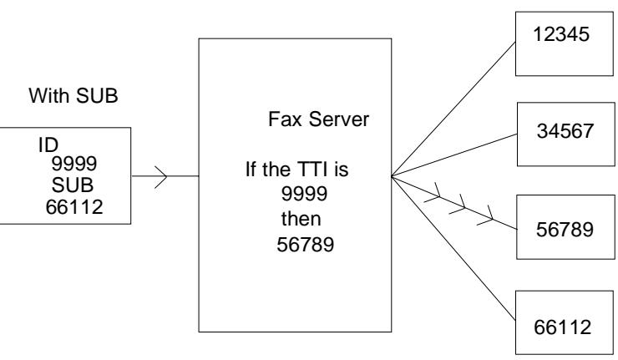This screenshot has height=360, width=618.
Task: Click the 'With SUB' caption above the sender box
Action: click(x=73, y=95)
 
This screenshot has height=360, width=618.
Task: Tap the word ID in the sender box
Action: click(x=48, y=145)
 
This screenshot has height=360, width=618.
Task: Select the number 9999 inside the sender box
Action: click(x=74, y=164)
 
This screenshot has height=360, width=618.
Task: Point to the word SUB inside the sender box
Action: click(x=73, y=185)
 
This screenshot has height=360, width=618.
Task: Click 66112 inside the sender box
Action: click(x=74, y=207)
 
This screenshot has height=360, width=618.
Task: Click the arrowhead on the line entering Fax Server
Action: click(x=161, y=177)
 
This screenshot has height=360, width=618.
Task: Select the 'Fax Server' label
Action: click(x=318, y=119)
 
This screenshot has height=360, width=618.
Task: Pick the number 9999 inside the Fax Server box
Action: click(x=304, y=194)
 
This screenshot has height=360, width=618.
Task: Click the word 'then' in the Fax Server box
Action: click(x=301, y=219)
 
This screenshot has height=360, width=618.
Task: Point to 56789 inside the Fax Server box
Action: click(x=305, y=245)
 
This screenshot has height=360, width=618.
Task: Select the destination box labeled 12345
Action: click(x=565, y=43)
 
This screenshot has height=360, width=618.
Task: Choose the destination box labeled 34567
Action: click(x=566, y=134)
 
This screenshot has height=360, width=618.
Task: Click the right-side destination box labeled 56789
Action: click(x=565, y=226)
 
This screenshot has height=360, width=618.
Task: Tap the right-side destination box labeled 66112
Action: click(x=565, y=322)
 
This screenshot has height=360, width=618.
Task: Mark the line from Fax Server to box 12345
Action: click(x=453, y=109)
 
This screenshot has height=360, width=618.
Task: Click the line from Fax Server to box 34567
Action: click(x=454, y=155)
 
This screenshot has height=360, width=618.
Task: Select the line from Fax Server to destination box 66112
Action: click(x=453, y=248)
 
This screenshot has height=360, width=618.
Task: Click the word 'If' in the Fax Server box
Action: click(x=251, y=170)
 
